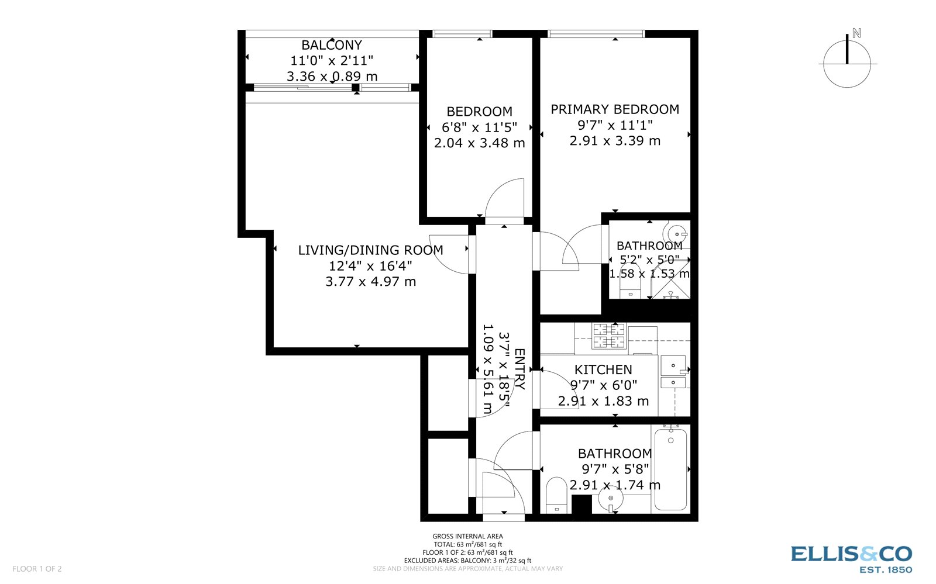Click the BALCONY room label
point(331,45)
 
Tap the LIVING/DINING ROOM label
point(370,250)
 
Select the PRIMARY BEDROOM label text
point(615,109)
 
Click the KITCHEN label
point(603,369)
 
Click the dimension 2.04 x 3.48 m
point(479,143)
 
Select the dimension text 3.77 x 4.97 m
point(370,282)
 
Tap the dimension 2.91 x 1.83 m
point(603,401)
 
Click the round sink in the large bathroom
point(610,499)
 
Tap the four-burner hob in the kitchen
point(609,336)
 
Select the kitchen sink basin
point(673,365)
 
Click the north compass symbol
point(847,61)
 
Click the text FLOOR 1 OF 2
point(37,569)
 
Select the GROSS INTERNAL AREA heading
point(467,536)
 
